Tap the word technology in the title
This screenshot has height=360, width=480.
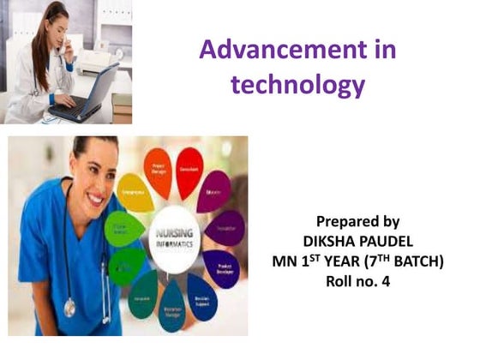click(x=297, y=85)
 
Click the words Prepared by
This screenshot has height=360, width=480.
click(x=357, y=220)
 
